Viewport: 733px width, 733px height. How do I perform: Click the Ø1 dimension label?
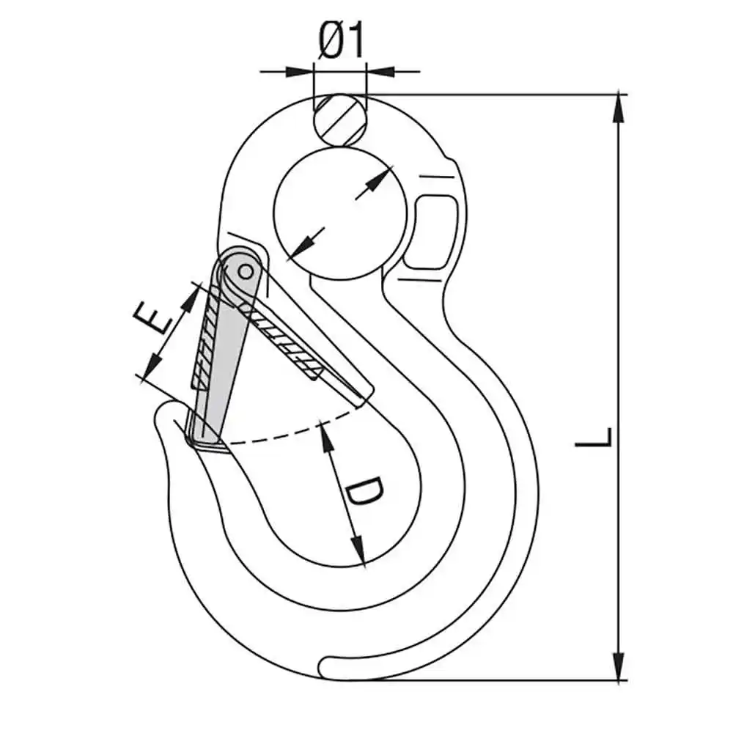tap(342, 42)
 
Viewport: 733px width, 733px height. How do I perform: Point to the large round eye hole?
tap(339, 213)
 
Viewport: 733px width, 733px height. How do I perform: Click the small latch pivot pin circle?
tap(245, 272)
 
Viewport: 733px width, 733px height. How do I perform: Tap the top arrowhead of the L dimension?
tap(620, 107)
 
